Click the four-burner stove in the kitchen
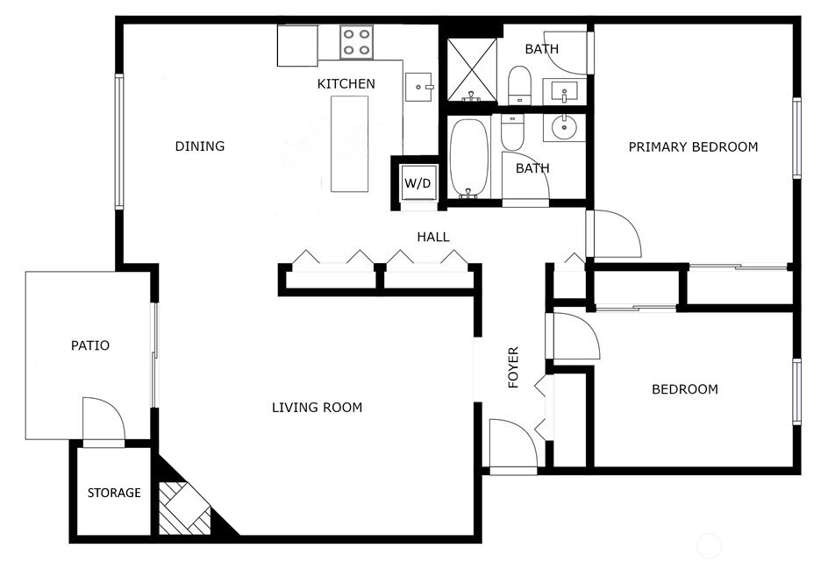356,42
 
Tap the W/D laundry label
418,183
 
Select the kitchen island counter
350,144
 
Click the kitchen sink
419,87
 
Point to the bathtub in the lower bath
468,159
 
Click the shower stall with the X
472,69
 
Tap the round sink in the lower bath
565,127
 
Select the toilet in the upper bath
519,86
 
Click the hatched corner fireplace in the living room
185,508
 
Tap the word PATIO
90,345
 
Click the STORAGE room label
114,493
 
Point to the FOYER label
513,367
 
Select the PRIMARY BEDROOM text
693,146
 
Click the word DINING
200,146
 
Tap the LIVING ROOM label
317,407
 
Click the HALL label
433,237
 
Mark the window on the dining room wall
119,141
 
